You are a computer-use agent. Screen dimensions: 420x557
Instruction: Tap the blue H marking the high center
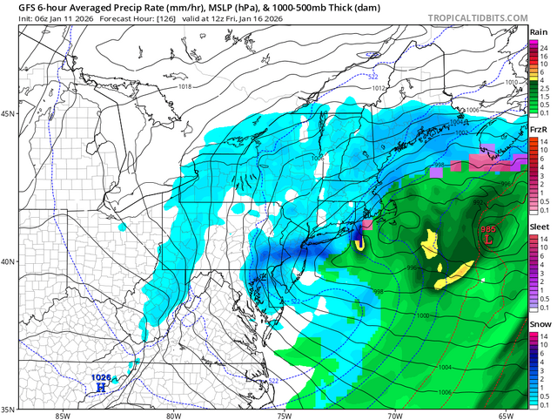coord(101,385)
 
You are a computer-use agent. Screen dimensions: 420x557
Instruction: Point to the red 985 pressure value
coord(492,224)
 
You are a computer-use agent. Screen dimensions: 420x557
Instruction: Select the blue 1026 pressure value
coord(101,376)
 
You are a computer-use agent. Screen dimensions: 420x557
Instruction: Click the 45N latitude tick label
coord(9,114)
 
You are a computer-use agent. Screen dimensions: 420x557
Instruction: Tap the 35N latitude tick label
coord(9,409)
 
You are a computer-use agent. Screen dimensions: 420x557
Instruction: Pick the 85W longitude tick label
coord(61,415)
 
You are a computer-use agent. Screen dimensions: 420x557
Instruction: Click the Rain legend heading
coord(539,32)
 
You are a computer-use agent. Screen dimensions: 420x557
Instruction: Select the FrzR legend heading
coord(539,130)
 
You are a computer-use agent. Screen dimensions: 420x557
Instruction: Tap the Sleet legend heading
coord(540,226)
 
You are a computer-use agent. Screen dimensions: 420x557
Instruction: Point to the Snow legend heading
coord(540,323)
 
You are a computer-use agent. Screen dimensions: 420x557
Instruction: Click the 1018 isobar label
coord(185,86)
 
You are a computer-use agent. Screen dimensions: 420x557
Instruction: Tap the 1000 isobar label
coord(422,315)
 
